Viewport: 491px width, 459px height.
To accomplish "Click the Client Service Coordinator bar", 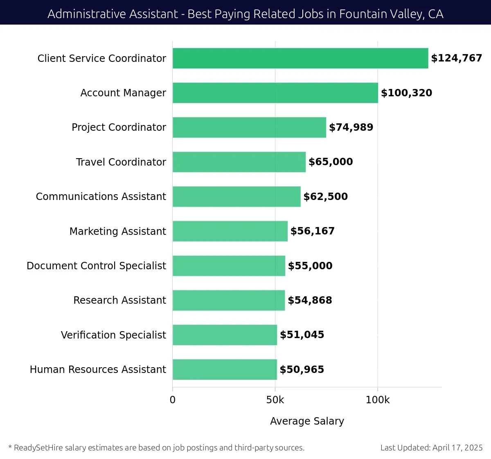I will pos(300,58).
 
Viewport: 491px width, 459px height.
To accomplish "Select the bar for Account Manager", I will pos(275,93).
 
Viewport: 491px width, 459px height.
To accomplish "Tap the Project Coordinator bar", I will pos(249,127).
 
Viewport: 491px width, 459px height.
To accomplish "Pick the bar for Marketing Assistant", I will pos(230,231).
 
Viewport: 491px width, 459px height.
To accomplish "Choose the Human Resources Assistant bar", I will pos(225,369).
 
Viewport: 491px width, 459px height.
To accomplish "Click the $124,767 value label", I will pos(456,58).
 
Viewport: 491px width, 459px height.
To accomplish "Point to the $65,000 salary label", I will pos(331,162).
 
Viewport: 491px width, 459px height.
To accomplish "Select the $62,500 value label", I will pos(325,197).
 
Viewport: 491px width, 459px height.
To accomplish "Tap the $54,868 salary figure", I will pos(310,300).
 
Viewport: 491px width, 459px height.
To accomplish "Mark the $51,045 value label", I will pos(302,335).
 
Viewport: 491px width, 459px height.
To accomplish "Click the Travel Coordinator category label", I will pos(121,162).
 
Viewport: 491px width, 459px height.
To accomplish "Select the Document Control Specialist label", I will pos(96,266).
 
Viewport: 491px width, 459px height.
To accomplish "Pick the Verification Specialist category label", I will pos(113,335).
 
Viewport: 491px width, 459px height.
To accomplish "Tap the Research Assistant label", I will pos(119,300).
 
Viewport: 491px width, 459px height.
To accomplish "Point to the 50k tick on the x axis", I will pos(275,400).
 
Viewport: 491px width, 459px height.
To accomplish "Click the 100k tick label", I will pos(377,400).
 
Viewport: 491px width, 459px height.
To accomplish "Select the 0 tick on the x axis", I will pos(173,400).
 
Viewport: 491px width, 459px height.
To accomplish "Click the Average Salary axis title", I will pos(307,421).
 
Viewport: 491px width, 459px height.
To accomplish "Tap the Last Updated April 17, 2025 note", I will pos(431,448).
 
